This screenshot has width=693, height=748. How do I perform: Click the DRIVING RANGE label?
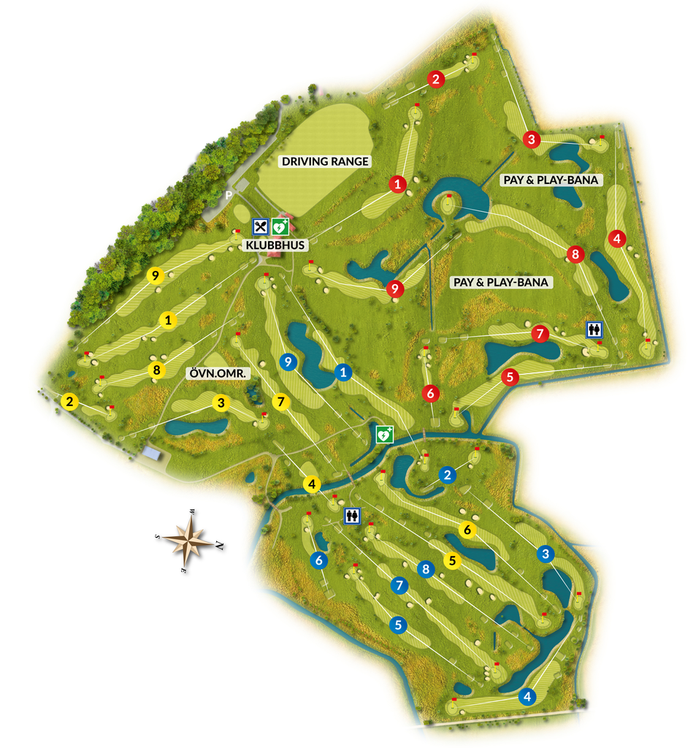[x=326, y=161]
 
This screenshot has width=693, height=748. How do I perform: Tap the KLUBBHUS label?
[x=275, y=245]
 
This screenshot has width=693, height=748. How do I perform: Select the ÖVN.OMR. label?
[x=220, y=373]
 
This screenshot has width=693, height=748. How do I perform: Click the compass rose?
[x=189, y=541]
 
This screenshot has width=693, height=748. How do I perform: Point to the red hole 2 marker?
[x=436, y=80]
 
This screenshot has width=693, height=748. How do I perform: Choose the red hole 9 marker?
[x=395, y=289]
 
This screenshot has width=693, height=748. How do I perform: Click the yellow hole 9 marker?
[x=154, y=275]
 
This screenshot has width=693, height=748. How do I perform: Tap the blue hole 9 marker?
[x=288, y=361]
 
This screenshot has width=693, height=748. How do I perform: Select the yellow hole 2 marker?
[x=69, y=401]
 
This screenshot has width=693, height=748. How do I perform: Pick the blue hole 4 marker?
[x=527, y=697]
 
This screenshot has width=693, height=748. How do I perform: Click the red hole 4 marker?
[x=617, y=238]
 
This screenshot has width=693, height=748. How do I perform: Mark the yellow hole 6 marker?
[x=468, y=529]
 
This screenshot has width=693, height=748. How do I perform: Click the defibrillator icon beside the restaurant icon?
[x=280, y=227]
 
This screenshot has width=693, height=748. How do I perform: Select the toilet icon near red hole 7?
[x=594, y=330]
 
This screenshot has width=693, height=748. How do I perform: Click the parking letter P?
[x=229, y=195]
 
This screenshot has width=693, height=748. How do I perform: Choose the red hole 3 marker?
[x=532, y=139]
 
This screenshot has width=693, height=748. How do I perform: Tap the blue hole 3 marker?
[x=544, y=554]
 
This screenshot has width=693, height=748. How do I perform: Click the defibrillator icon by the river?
[x=385, y=435]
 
